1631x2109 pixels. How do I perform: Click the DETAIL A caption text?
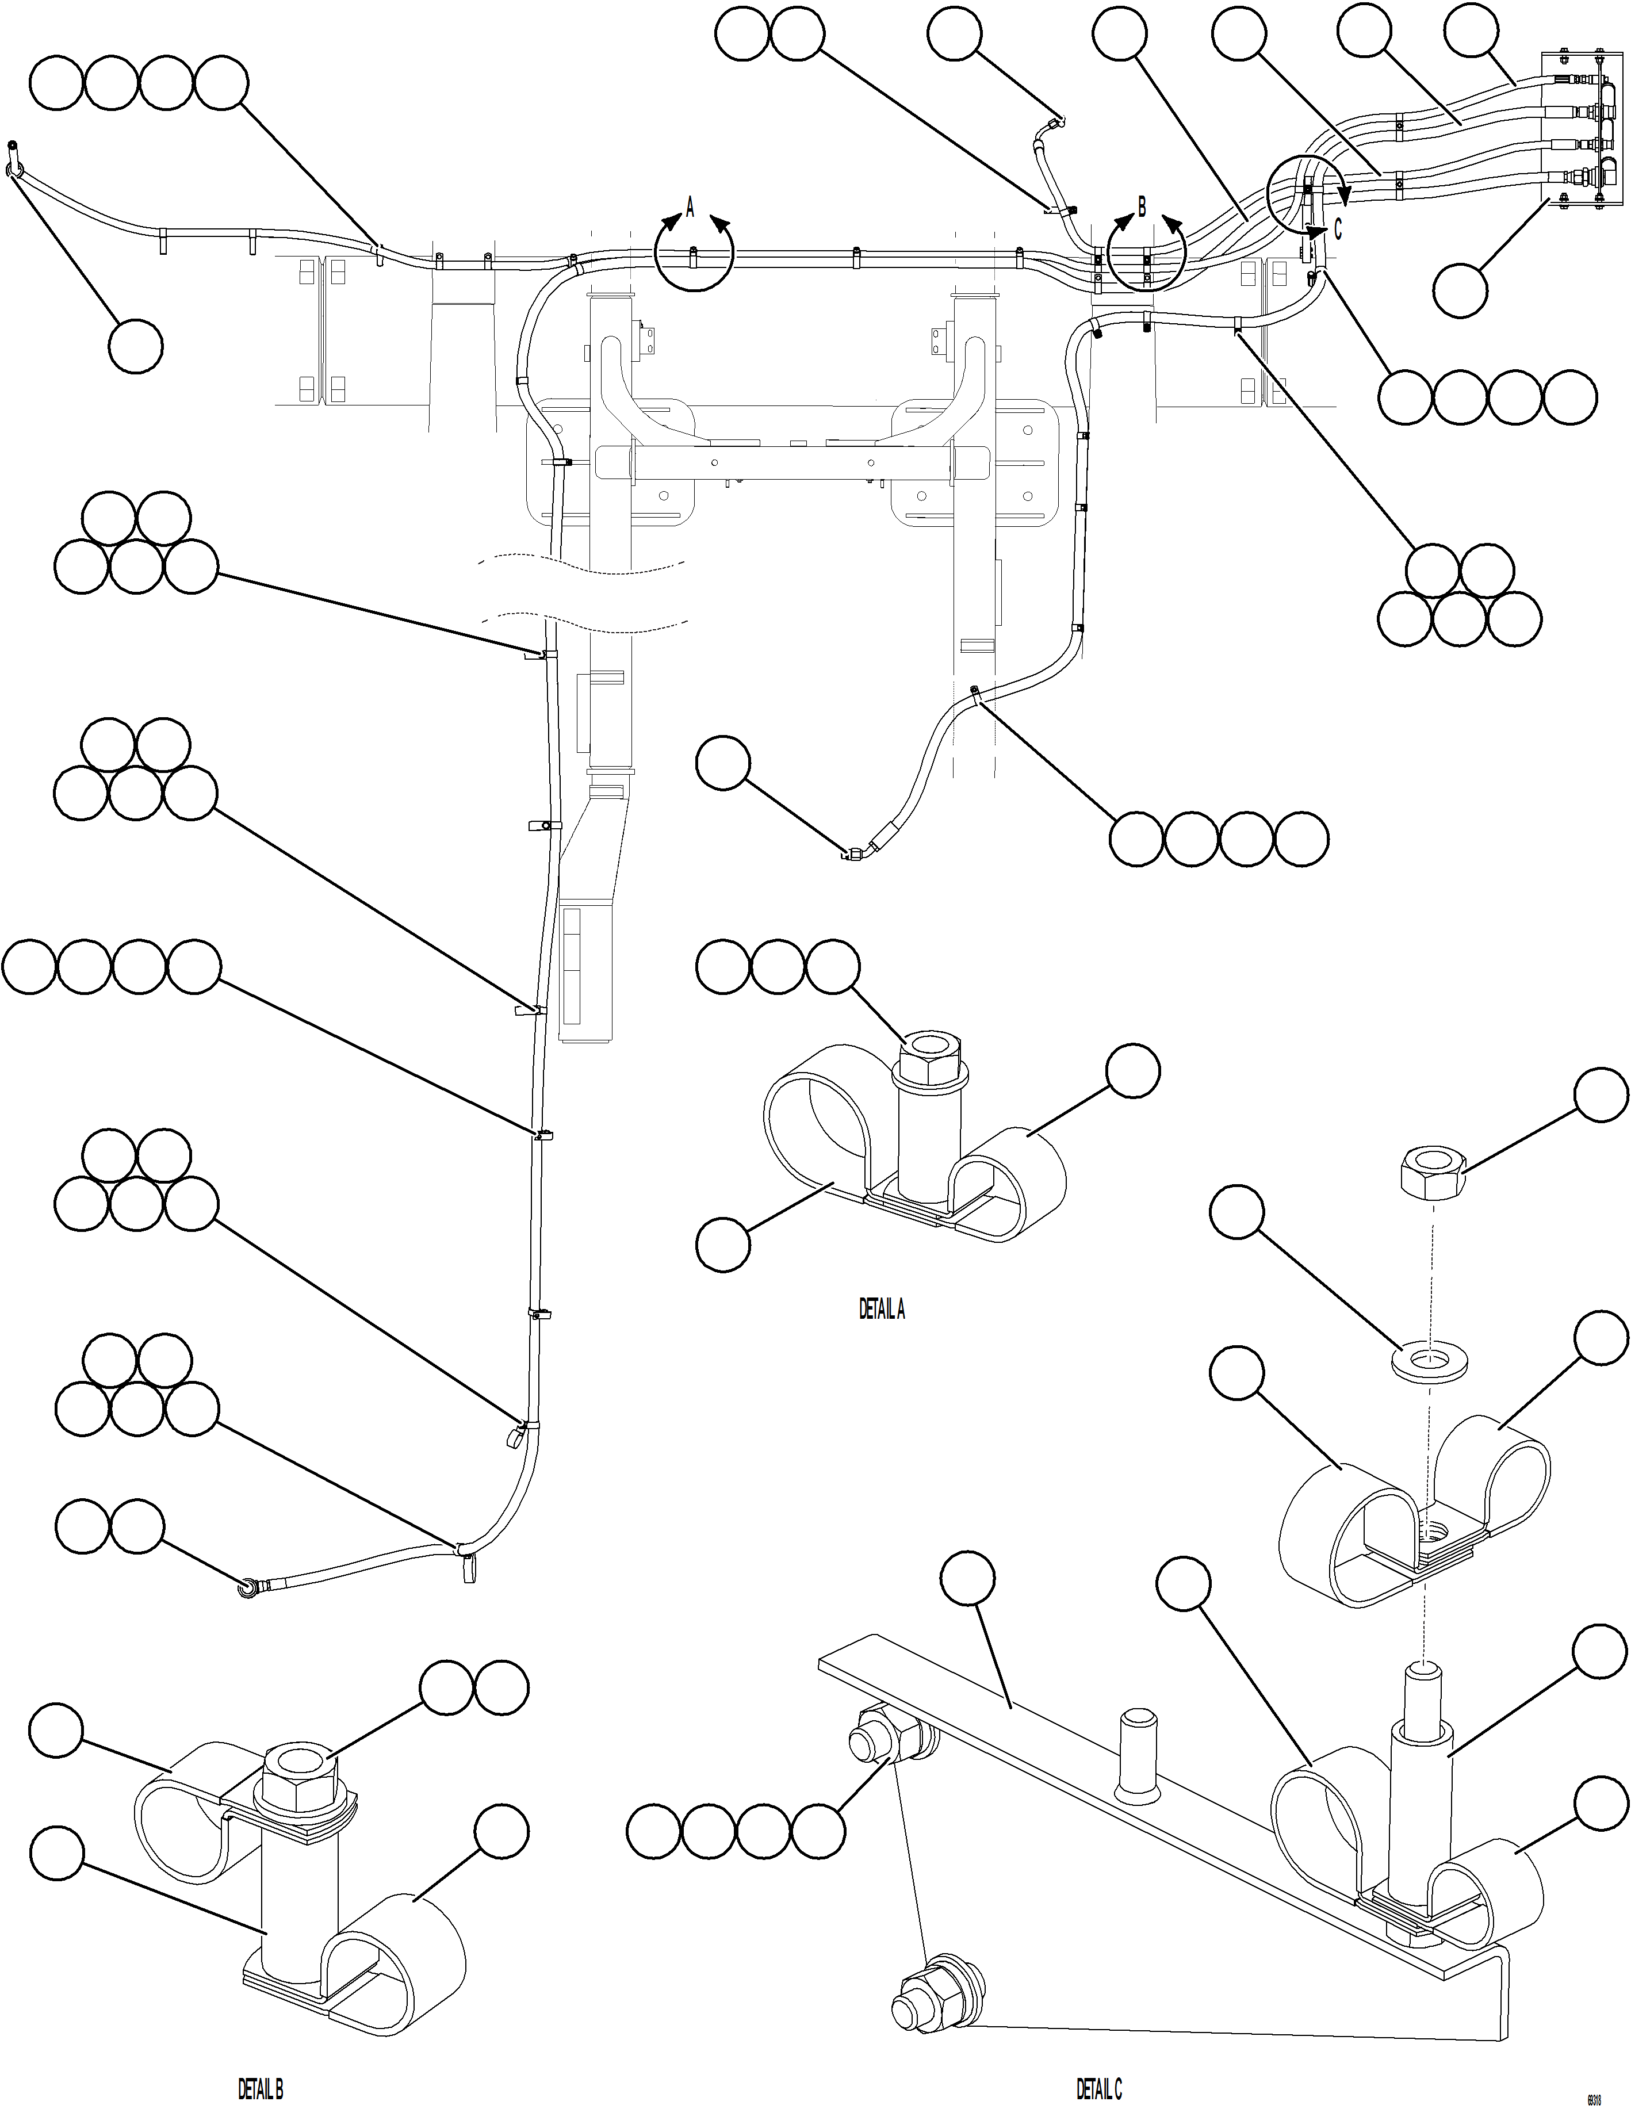(882, 1310)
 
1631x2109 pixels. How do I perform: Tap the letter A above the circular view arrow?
(690, 206)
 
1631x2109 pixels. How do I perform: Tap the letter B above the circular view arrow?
(1142, 206)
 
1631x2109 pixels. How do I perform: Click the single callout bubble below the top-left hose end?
(135, 346)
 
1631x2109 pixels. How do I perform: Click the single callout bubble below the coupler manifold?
(1460, 290)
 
